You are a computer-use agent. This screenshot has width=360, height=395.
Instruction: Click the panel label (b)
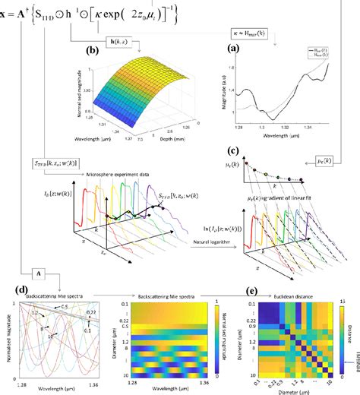click(x=94, y=52)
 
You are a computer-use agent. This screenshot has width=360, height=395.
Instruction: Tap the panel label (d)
click(x=22, y=289)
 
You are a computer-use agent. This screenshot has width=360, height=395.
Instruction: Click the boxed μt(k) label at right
click(x=327, y=160)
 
